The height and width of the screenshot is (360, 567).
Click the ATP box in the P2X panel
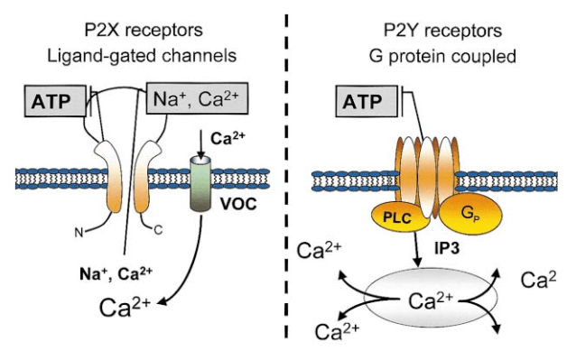(x=55, y=101)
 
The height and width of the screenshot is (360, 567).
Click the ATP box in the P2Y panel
(x=367, y=101)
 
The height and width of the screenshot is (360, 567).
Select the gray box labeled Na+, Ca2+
(x=197, y=98)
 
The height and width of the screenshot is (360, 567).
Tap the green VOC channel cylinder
(x=200, y=184)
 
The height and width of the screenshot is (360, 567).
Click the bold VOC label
(x=238, y=204)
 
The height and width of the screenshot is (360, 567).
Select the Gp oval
(x=470, y=213)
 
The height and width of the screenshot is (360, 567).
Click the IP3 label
(x=447, y=248)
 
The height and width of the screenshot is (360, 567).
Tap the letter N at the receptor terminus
(x=79, y=233)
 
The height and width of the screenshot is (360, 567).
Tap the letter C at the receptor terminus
(x=158, y=230)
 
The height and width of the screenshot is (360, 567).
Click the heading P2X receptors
(x=144, y=30)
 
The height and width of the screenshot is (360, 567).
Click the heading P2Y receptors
(x=442, y=31)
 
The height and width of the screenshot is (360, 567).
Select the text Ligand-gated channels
(x=142, y=56)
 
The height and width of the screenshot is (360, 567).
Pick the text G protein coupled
(x=442, y=57)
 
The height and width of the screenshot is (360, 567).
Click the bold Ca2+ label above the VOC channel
(x=228, y=138)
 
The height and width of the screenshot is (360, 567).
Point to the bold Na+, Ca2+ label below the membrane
(x=116, y=274)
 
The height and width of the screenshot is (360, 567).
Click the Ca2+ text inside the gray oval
(x=431, y=300)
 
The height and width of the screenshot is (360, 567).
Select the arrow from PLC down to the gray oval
(x=417, y=249)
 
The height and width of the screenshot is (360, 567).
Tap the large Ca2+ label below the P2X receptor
(x=125, y=308)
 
